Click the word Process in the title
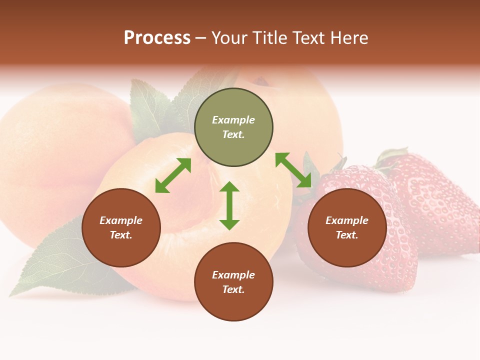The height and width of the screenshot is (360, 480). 157,38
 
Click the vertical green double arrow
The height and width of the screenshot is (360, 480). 229,205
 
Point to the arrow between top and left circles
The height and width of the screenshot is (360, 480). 173,175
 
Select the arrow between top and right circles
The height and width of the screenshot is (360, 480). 293,170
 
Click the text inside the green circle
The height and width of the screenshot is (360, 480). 233,127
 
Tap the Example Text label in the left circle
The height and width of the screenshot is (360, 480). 121,227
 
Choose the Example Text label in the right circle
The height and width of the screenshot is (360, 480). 347,227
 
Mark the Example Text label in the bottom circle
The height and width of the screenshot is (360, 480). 233,282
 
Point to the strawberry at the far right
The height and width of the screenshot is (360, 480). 435,200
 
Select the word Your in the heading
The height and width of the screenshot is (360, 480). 227,38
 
